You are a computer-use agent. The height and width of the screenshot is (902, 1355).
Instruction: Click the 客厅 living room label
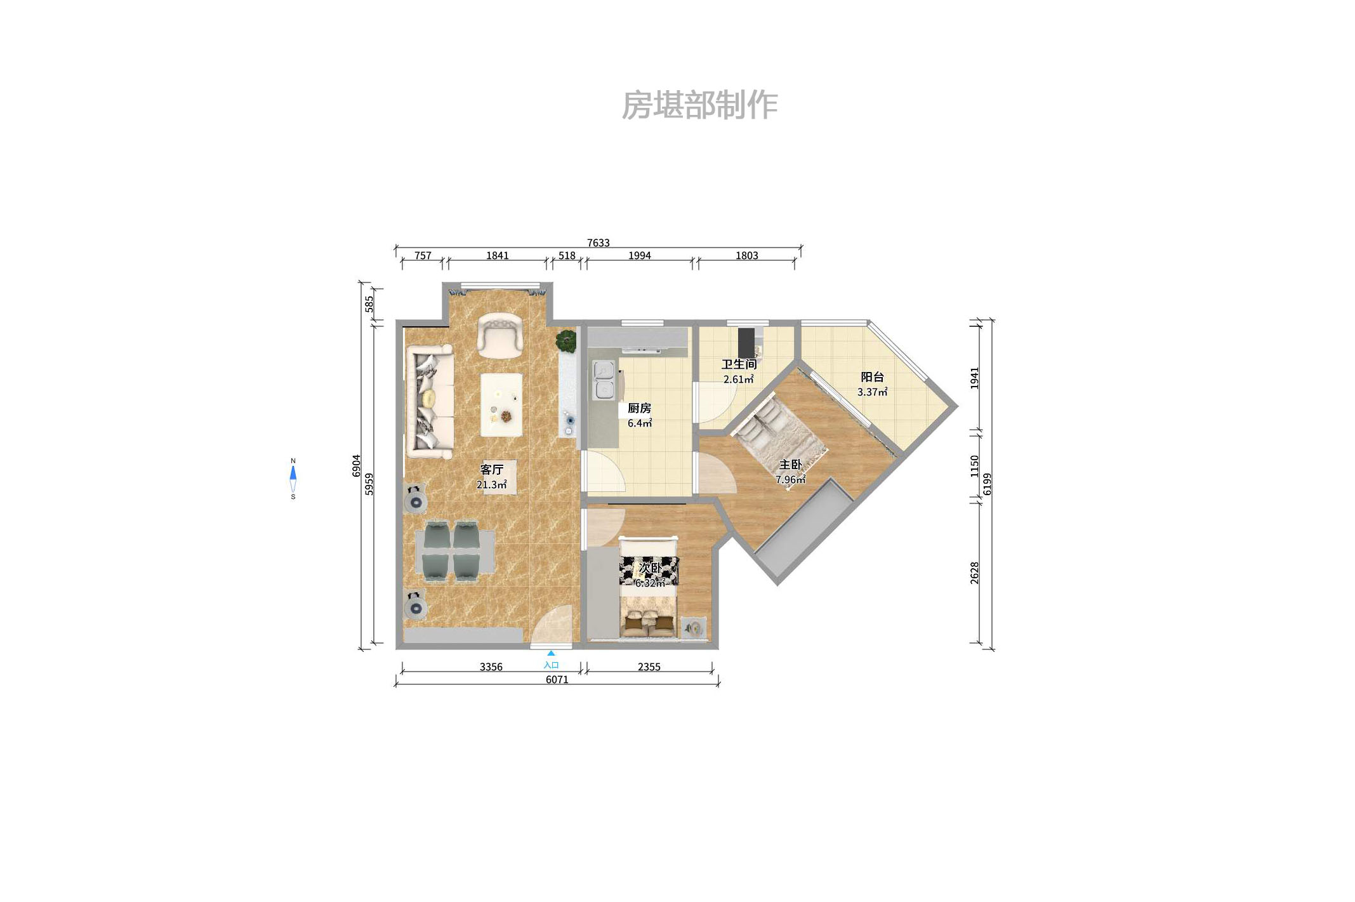tap(491, 470)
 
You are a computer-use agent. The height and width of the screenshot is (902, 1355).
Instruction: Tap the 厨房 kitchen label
tap(639, 408)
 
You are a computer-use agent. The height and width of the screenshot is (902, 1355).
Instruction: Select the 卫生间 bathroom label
tap(739, 364)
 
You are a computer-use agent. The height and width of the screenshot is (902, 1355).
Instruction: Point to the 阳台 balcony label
tap(872, 377)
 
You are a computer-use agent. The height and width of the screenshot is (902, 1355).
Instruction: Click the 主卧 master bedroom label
tap(791, 465)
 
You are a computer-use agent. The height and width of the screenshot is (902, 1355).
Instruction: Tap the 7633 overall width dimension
tap(598, 243)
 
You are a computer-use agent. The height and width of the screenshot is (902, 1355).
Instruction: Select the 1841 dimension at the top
tap(498, 256)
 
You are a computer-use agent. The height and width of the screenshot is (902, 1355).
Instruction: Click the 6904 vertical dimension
tap(357, 465)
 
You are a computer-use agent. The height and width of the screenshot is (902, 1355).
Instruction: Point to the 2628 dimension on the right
tap(975, 573)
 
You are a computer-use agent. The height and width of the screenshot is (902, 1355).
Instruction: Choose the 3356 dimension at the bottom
tap(491, 667)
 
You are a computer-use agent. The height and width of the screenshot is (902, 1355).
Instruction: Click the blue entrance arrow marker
tap(551, 653)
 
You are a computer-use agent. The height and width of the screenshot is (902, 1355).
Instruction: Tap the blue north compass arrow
tap(293, 473)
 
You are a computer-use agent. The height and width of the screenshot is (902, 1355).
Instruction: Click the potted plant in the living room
tap(566, 341)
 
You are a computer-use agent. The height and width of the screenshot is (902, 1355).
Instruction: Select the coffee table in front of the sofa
tap(501, 404)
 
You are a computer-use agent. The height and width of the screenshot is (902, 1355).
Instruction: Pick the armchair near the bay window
tap(500, 335)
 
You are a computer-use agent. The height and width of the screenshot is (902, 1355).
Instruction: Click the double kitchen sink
tap(604, 380)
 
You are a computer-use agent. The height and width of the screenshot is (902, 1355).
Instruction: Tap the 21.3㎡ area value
tap(491, 485)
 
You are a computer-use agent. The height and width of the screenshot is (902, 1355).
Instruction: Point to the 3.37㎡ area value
tap(872, 392)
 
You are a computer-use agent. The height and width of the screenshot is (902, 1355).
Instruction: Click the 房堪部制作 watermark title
tap(699, 105)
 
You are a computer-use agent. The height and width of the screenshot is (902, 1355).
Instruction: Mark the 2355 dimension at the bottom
tap(649, 667)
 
